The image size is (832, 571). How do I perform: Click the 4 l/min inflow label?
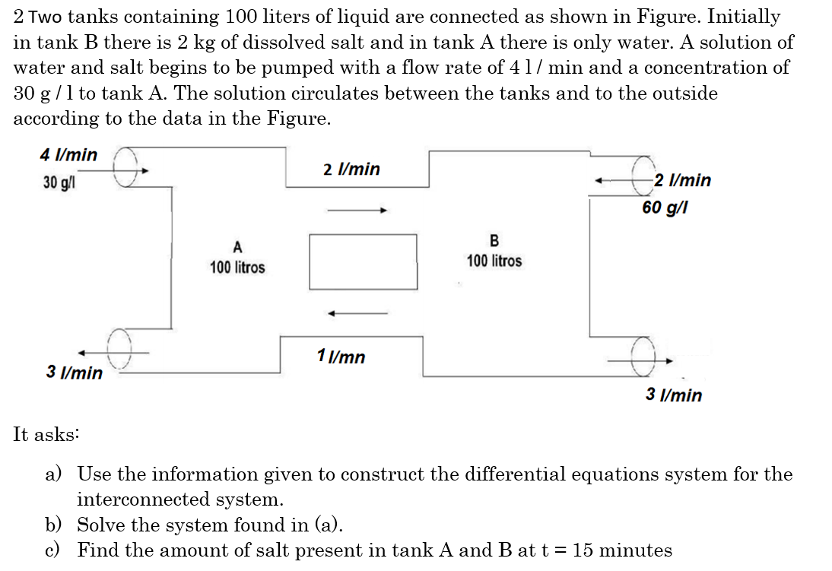click(68, 155)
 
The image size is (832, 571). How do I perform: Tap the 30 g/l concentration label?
click(59, 183)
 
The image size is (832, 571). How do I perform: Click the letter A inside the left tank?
click(237, 246)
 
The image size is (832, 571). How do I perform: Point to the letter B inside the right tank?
click(494, 241)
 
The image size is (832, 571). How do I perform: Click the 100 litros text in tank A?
click(237, 268)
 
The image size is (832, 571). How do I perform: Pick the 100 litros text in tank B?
click(494, 262)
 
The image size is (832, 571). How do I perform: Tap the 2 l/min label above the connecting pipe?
click(351, 169)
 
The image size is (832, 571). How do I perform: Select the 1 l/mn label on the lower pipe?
click(341, 356)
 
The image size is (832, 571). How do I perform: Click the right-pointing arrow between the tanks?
click(358, 210)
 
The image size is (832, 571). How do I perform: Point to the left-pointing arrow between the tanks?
click(358, 312)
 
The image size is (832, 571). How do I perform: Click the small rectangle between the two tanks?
click(363, 262)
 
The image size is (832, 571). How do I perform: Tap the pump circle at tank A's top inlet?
click(125, 164)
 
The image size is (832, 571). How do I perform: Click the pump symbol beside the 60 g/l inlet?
click(645, 174)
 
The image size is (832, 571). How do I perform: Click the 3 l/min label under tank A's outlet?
click(75, 373)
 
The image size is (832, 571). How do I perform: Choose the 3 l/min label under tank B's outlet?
click(674, 395)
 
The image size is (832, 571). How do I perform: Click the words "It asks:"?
click(46, 434)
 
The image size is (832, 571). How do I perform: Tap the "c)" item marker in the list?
click(53, 550)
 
